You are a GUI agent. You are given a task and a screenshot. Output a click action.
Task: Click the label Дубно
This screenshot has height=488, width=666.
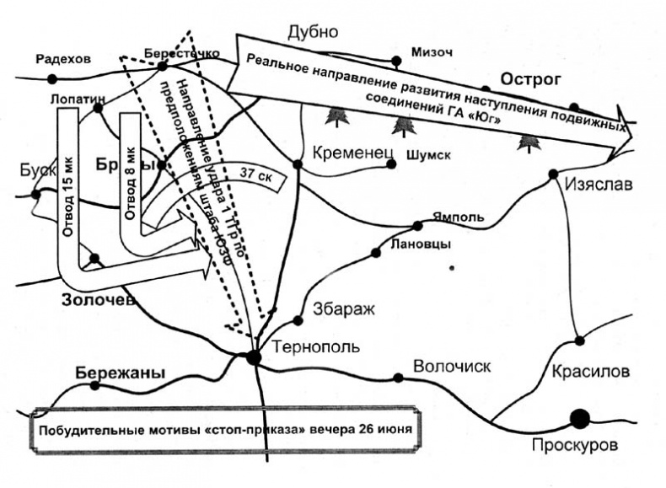312,33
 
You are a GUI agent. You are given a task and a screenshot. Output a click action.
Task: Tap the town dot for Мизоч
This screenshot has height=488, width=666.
396,61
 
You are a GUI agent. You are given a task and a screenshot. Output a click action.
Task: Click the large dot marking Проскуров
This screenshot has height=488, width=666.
579,417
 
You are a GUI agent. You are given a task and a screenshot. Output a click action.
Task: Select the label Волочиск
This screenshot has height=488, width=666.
451,366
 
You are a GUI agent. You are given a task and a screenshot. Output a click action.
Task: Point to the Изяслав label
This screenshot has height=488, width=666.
599,185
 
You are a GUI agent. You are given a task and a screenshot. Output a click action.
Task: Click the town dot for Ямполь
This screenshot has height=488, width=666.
416,225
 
